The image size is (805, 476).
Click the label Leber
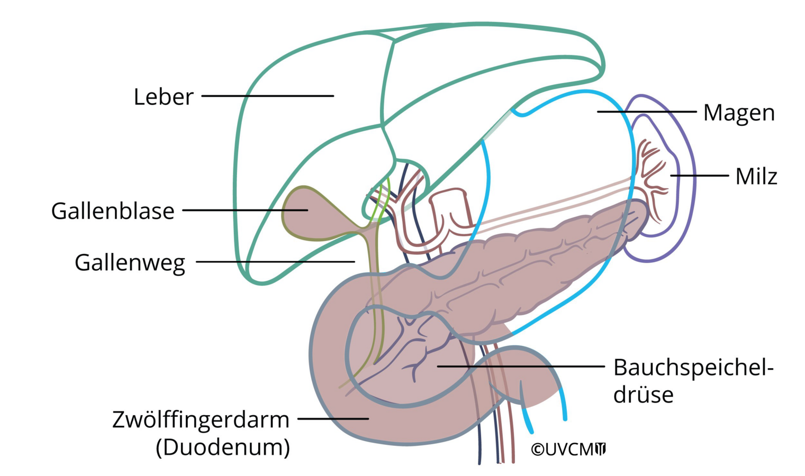tap(164, 97)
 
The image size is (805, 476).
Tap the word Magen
tap(739, 113)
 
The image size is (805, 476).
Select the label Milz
tap(756, 177)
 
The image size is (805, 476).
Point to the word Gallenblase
tap(113, 211)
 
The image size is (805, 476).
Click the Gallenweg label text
tap(130, 263)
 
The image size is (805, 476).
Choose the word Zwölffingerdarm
tap(201, 420)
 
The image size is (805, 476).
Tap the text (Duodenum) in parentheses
tap(223, 447)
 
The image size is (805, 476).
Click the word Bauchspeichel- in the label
tap(693, 367)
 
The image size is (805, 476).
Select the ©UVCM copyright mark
tap(568, 449)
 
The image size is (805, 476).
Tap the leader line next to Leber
tap(267, 96)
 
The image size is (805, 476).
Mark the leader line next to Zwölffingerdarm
tap(333, 418)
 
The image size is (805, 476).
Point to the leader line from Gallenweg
tap(275, 261)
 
